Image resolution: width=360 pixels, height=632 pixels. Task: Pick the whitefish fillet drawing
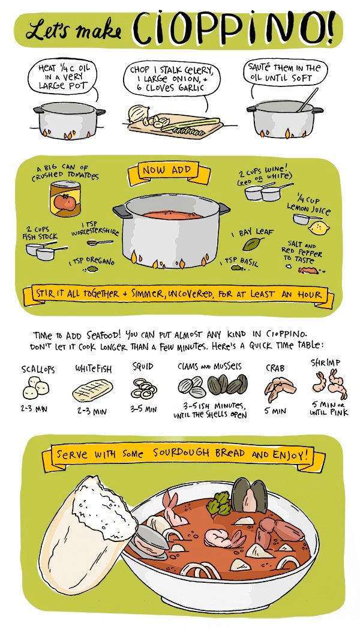pos(92,391)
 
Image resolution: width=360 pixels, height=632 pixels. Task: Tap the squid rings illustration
pos(144,390)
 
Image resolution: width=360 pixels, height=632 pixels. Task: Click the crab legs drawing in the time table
pos(280,389)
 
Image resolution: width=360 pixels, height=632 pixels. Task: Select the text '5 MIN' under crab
pos(279,411)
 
